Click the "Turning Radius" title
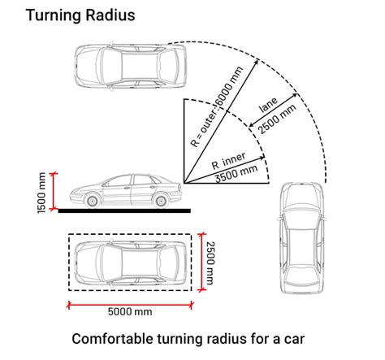tap(80, 15)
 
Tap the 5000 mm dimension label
tap(130, 311)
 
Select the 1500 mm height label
tap(41, 193)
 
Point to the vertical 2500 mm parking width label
tap(210, 263)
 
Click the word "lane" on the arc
tap(268, 105)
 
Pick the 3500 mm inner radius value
tap(236, 174)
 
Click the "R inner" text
tap(228, 161)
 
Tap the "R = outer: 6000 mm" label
tap(217, 106)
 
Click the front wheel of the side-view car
tap(92, 201)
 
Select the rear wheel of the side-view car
tap(161, 201)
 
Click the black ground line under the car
tap(124, 210)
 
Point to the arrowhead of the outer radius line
tap(256, 62)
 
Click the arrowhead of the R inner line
tap(262, 158)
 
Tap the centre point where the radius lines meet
tap(184, 183)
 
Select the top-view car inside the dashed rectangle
tap(130, 262)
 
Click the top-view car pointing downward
tap(302, 238)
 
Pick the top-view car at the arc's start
tap(130, 66)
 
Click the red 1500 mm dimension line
tap(54, 191)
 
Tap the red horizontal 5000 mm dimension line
tap(130, 305)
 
